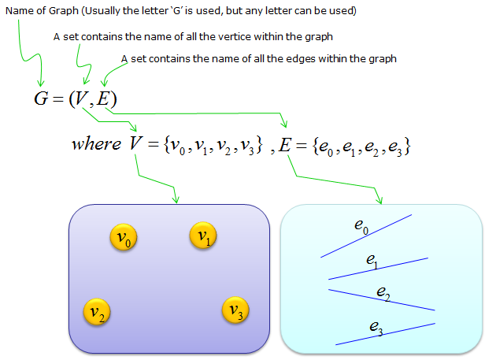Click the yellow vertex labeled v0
click(123, 237)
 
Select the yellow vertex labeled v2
click(96, 313)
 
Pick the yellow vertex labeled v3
click(235, 310)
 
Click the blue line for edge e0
click(365, 236)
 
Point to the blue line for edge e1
click(378, 268)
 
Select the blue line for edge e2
click(381, 300)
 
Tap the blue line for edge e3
click(385, 333)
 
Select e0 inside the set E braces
click(326, 147)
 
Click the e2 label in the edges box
click(383, 293)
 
